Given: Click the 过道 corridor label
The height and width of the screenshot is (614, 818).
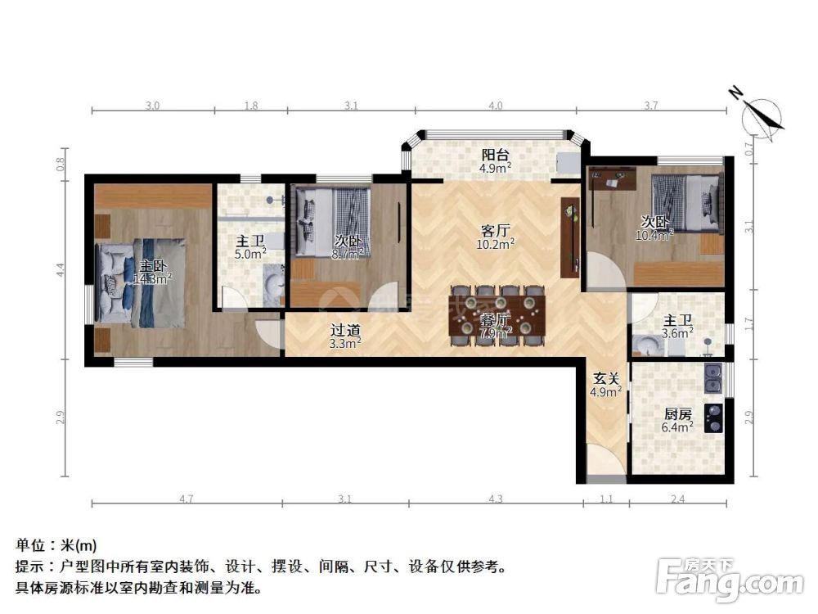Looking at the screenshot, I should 344,331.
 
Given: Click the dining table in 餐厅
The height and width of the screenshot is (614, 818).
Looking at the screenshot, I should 497,315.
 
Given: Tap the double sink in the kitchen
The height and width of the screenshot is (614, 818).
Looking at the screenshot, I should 713,377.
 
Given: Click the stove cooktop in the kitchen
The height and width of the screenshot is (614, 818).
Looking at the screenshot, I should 713,418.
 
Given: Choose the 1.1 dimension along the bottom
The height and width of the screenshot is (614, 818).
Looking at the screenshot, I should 606,499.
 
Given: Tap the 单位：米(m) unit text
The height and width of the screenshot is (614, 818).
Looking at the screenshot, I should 56,544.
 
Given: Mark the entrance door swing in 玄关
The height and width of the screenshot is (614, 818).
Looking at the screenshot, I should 603,463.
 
